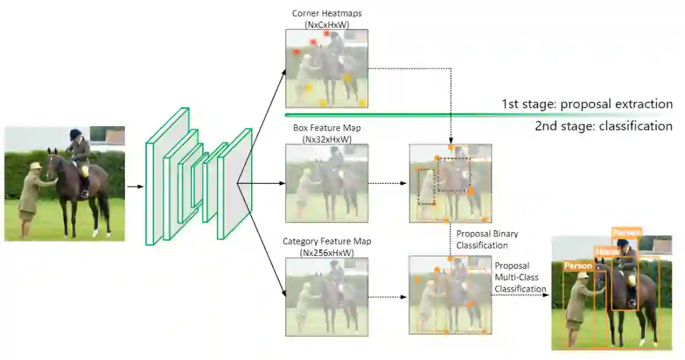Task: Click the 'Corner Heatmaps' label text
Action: (x=327, y=13)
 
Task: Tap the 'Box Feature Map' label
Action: (x=327, y=128)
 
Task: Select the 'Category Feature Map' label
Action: (x=327, y=241)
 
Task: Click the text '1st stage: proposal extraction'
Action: (x=587, y=104)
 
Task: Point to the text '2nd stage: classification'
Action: (x=603, y=126)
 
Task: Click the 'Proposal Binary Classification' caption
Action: (x=482, y=240)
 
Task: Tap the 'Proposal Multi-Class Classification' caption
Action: (x=520, y=277)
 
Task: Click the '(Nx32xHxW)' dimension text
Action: (x=327, y=139)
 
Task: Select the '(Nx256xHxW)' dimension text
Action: (x=327, y=253)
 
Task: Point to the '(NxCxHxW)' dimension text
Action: (x=327, y=24)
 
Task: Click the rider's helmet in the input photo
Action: (x=76, y=133)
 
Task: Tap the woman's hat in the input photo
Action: (x=35, y=165)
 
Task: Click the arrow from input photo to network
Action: (x=134, y=187)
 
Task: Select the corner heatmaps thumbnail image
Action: (x=327, y=68)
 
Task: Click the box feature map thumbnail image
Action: (x=327, y=183)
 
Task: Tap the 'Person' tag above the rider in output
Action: (x=627, y=233)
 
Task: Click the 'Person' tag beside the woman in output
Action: (x=578, y=266)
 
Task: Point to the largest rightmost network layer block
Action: (x=235, y=184)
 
